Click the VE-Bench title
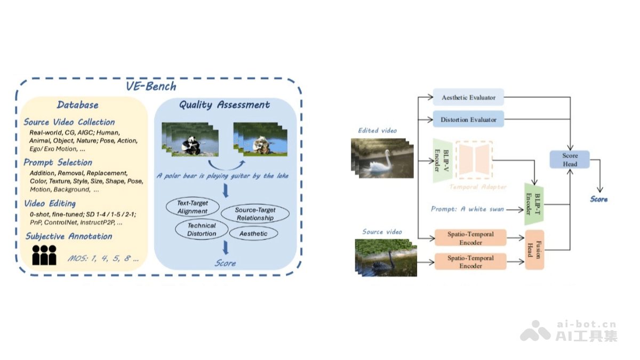pos(151,86)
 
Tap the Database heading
pos(78,105)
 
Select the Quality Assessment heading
pos(225,105)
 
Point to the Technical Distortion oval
pos(202,229)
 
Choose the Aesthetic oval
pos(253,234)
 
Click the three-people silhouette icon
pos(44,255)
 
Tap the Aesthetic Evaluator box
pos(468,98)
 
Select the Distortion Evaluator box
pos(468,119)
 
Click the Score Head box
pos(570,159)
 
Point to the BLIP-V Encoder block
pos(441,161)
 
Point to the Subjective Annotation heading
pos(69,236)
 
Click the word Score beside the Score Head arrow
pos(598,199)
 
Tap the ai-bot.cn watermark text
pos(587,324)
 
